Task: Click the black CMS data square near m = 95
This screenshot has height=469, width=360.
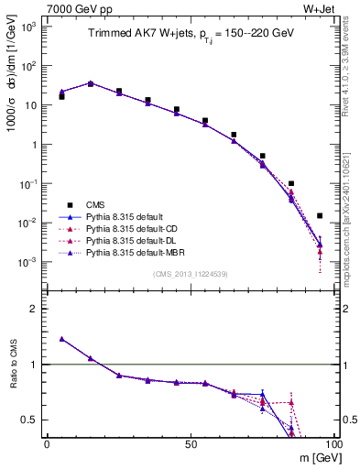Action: coord(320,216)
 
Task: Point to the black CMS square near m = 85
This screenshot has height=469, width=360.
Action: coord(291,184)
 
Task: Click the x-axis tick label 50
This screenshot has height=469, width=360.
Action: coord(191,444)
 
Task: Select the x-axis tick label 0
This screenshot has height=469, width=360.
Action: coord(47,444)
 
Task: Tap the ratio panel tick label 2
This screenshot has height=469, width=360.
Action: coord(34,309)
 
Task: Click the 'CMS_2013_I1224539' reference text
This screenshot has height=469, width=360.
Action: coord(190,273)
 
